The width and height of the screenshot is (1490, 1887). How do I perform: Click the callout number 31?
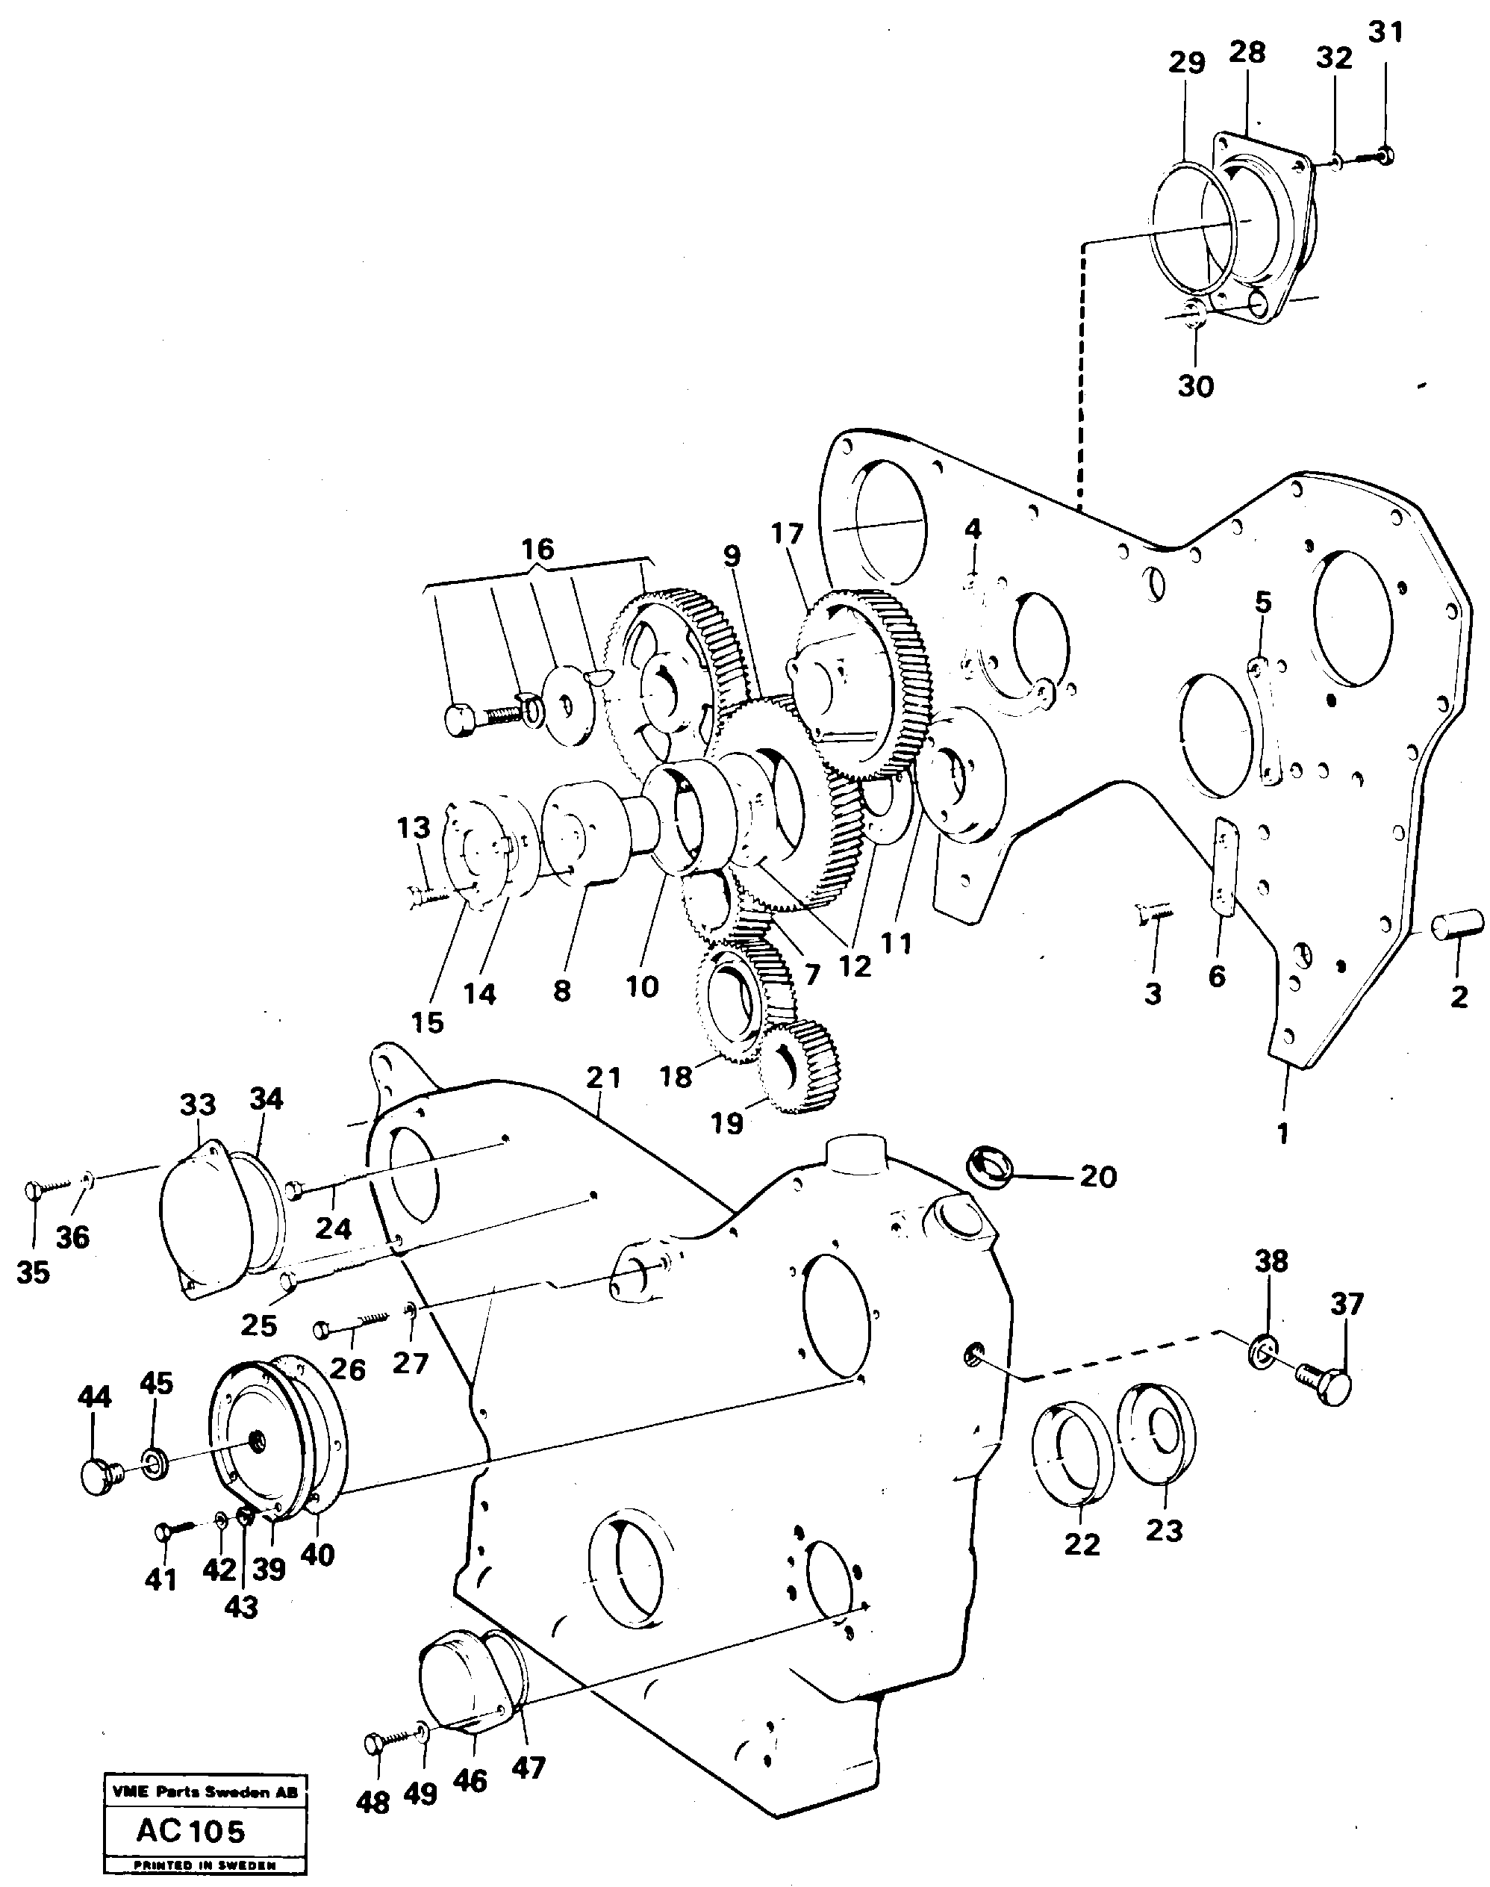1385,33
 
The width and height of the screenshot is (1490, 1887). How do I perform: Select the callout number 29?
1186,63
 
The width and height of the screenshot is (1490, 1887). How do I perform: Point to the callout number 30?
1195,385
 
